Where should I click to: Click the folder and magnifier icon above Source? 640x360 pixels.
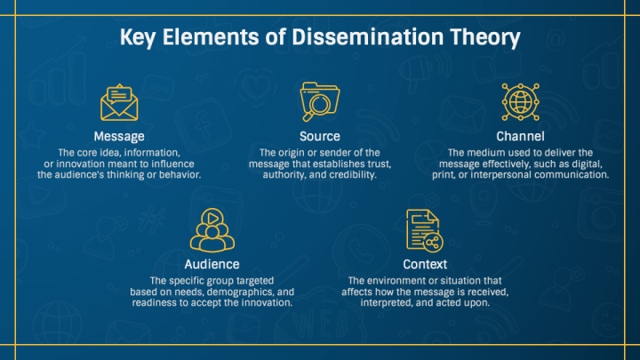(319, 101)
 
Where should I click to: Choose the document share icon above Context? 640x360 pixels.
(424, 231)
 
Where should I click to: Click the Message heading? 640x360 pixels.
(118, 136)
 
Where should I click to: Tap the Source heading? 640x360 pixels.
(320, 136)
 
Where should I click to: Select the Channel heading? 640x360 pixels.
(521, 136)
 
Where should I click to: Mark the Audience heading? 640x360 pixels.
(212, 264)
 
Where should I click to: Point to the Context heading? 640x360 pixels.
(425, 264)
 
